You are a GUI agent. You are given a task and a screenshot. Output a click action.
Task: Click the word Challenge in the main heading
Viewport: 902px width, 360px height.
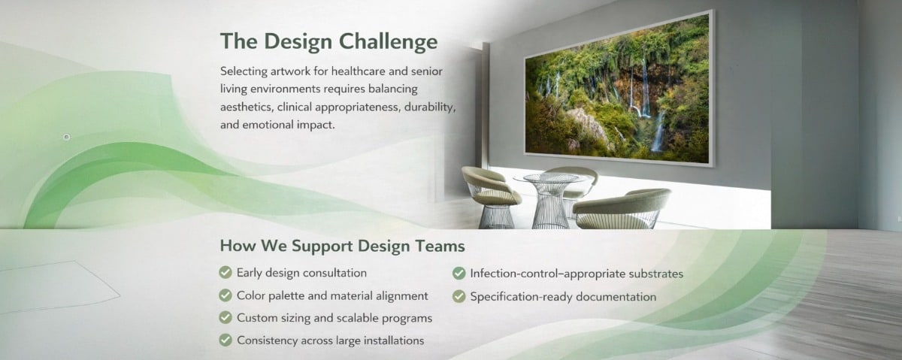point(388,42)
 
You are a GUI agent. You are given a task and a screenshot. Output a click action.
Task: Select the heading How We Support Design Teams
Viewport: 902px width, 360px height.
point(342,246)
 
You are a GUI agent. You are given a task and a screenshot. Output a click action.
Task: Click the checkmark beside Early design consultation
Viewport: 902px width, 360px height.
point(225,273)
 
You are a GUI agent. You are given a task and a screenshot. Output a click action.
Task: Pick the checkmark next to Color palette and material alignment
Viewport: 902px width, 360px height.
point(225,295)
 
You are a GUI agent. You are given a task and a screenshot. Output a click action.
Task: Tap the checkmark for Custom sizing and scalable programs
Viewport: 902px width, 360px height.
point(225,317)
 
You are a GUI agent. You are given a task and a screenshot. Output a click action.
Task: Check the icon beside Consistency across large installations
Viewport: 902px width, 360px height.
point(225,340)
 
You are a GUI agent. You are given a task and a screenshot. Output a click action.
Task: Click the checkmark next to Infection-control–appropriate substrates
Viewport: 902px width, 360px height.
point(459,274)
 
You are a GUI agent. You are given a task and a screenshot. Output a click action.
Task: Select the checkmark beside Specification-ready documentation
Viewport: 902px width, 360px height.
point(459,296)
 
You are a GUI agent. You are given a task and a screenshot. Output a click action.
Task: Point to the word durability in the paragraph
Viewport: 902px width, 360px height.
point(430,107)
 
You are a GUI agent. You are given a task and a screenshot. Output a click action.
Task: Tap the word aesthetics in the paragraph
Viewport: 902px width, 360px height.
point(247,107)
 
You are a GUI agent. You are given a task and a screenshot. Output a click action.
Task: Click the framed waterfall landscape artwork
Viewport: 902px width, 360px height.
point(619,88)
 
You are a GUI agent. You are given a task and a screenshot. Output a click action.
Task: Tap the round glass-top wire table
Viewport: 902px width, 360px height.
point(550,200)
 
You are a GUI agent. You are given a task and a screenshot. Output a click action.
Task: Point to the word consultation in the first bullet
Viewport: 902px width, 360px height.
point(334,273)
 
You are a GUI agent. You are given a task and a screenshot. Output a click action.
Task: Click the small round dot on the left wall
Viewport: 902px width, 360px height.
point(67,137)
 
